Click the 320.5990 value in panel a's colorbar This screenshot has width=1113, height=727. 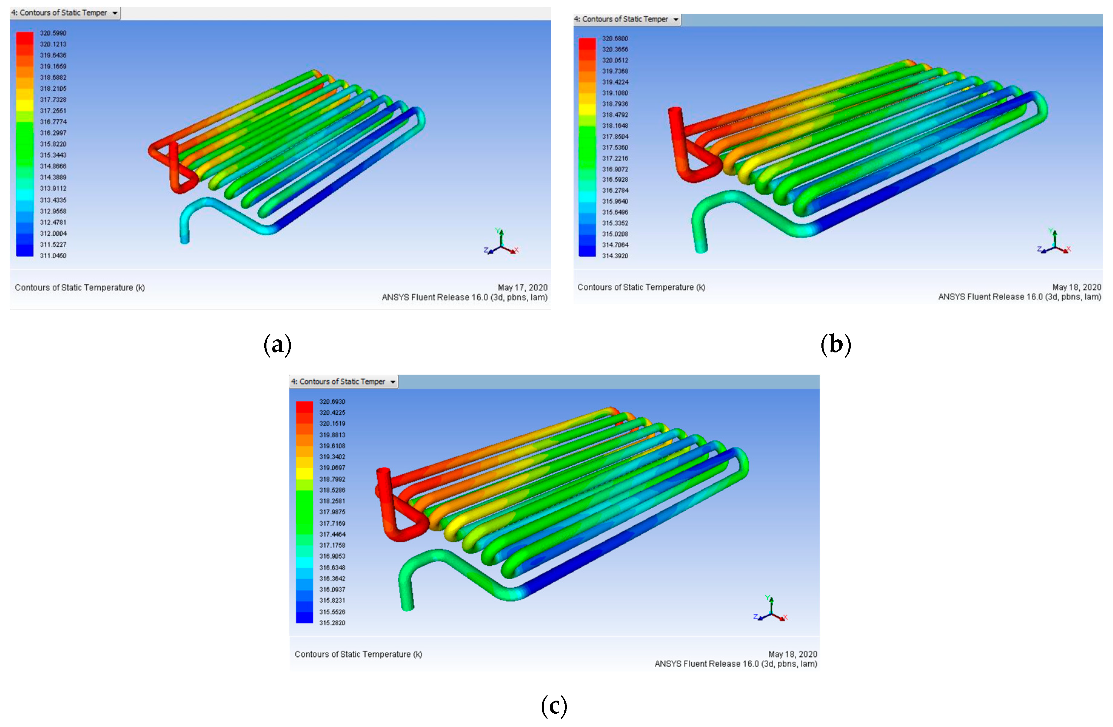53,33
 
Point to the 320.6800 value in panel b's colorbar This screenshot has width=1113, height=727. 615,38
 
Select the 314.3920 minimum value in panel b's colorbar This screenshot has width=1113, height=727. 615,256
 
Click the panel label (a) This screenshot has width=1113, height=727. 278,345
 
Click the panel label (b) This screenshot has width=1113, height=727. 836,345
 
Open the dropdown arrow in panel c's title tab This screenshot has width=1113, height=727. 393,382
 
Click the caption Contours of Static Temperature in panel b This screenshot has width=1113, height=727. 641,287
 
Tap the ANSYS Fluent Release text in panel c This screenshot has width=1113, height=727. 736,664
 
